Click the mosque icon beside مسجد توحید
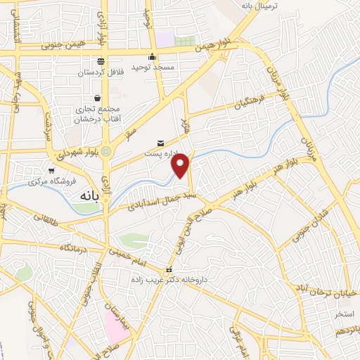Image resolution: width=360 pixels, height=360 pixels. pyautogui.click(x=152, y=58)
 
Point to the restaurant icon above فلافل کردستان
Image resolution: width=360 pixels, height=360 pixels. pyautogui.click(x=101, y=60)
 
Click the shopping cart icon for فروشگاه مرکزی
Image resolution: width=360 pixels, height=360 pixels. pyautogui.click(x=51, y=170)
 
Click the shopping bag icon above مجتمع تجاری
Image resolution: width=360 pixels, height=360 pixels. pyautogui.click(x=96, y=98)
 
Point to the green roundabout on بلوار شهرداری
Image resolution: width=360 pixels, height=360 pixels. pyautogui.click(x=105, y=151)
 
